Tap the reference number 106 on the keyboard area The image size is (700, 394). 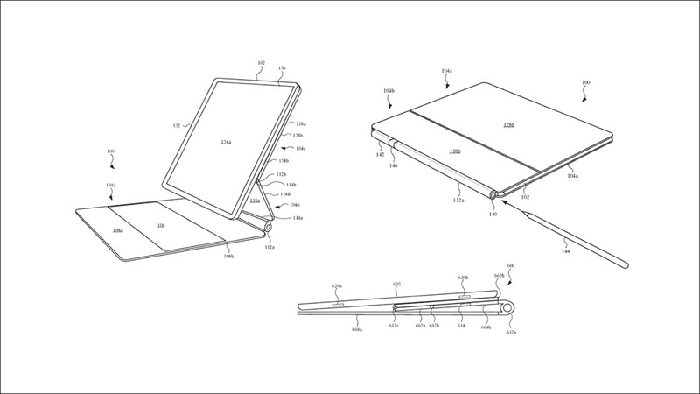click(161, 225)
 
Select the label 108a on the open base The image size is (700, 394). click(119, 230)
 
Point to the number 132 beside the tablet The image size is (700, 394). click(176, 126)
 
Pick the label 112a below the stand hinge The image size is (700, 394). click(269, 247)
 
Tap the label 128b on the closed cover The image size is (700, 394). click(508, 125)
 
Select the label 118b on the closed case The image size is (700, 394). click(457, 151)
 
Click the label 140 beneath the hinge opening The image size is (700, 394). click(493, 214)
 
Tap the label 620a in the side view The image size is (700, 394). click(338, 285)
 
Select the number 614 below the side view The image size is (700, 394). click(460, 324)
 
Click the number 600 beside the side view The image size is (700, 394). click(511, 266)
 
